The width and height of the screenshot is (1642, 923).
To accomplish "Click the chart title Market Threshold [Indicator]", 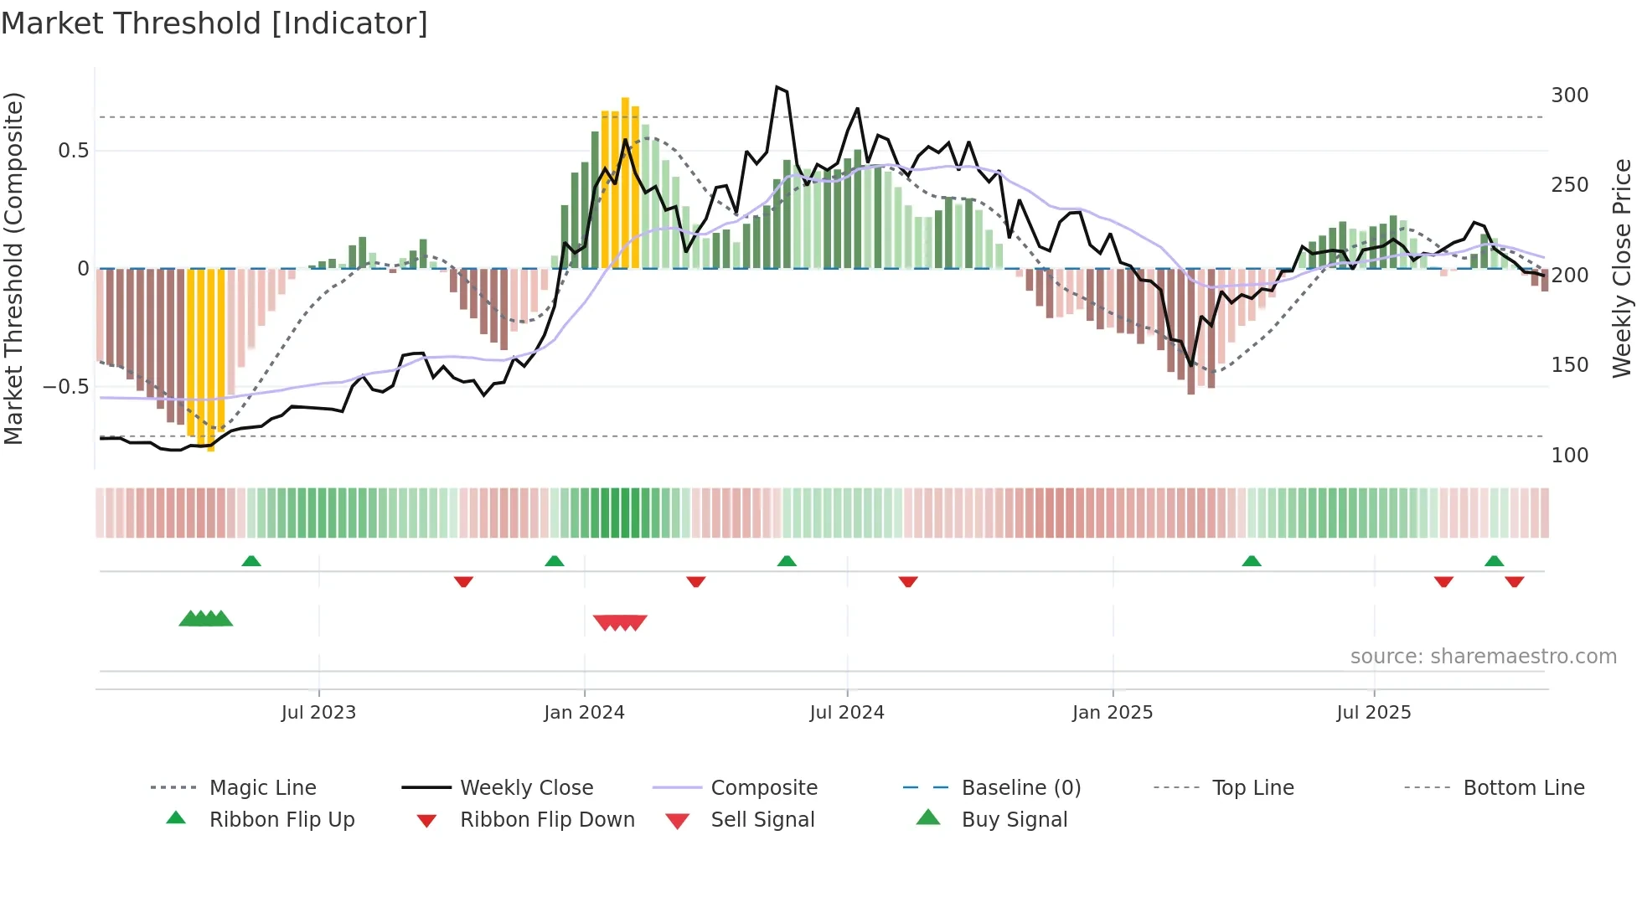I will [214, 23].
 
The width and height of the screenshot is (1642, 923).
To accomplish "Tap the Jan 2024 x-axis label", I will [584, 713].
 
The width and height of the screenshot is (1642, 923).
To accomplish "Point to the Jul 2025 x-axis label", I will [1373, 713].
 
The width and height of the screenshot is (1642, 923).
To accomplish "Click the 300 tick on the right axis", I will [1569, 95].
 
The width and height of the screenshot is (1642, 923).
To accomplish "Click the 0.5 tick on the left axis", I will [73, 151].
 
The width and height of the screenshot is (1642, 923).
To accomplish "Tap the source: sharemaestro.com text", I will [1483, 657].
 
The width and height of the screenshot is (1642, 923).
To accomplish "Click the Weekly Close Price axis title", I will [1622, 268].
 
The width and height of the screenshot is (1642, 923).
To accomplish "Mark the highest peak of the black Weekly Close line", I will [777, 87].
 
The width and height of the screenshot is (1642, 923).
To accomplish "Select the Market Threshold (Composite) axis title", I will [13, 268].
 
